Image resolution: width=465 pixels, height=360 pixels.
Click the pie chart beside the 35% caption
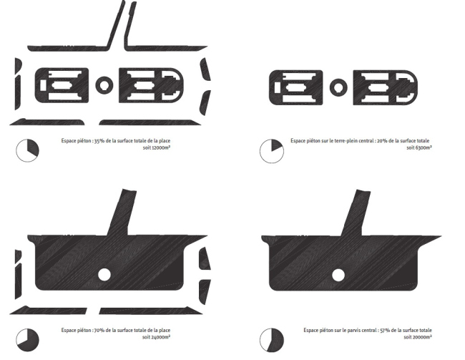(x=27, y=150)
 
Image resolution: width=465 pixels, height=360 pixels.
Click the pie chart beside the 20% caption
(x=272, y=151)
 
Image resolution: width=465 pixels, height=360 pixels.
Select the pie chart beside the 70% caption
(x=27, y=340)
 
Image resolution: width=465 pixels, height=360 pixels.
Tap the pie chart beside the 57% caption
(x=272, y=340)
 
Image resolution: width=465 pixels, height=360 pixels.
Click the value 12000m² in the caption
(x=161, y=147)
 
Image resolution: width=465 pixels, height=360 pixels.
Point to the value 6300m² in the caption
(x=424, y=147)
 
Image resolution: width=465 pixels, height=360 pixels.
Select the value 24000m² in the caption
(x=161, y=337)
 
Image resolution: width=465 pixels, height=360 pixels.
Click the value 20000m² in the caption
(x=422, y=337)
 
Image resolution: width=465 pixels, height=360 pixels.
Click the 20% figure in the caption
(x=381, y=141)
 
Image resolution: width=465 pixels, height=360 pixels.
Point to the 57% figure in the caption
(x=384, y=331)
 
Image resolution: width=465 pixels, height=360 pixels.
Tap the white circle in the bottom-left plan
(x=104, y=275)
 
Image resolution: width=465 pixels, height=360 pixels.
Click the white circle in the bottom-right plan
(x=338, y=275)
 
